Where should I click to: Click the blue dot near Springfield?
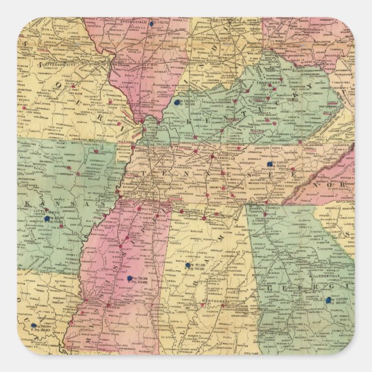[151, 24]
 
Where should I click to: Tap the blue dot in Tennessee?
[270, 164]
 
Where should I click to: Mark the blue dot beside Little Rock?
[47, 220]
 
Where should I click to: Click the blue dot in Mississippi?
[129, 278]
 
